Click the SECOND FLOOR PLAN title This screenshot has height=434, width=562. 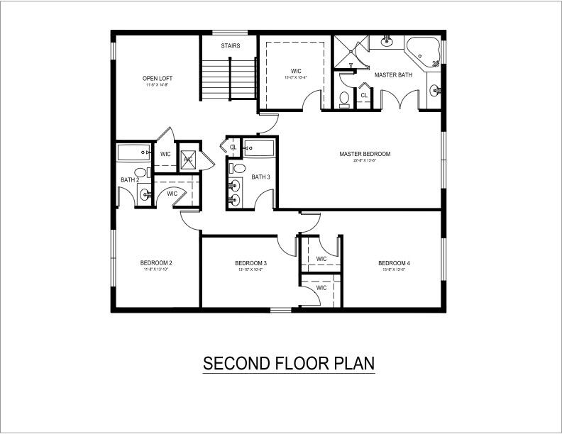pyautogui.click(x=289, y=364)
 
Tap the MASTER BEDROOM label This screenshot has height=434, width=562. pyautogui.click(x=365, y=154)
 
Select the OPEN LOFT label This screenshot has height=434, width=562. pyautogui.click(x=158, y=78)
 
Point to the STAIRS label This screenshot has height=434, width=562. pyautogui.click(x=230, y=46)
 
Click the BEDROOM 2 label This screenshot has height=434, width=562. pyautogui.click(x=156, y=263)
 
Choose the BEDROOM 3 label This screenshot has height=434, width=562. pyautogui.click(x=250, y=263)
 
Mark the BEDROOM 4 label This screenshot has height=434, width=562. pyautogui.click(x=394, y=263)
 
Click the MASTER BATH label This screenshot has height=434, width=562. pyautogui.click(x=393, y=74)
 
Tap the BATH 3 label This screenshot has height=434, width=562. pyautogui.click(x=260, y=177)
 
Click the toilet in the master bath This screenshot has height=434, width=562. pyautogui.click(x=345, y=99)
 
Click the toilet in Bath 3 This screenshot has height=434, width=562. pyautogui.click(x=238, y=169)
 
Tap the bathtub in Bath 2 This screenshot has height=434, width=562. pyautogui.click(x=135, y=152)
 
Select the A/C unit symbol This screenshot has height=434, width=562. pyautogui.click(x=189, y=159)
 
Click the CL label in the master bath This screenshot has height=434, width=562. pyautogui.click(x=364, y=95)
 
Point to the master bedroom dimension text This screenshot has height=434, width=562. pyautogui.click(x=365, y=161)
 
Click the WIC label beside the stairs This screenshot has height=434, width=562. pyautogui.click(x=297, y=70)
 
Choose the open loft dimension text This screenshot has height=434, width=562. pyautogui.click(x=158, y=85)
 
